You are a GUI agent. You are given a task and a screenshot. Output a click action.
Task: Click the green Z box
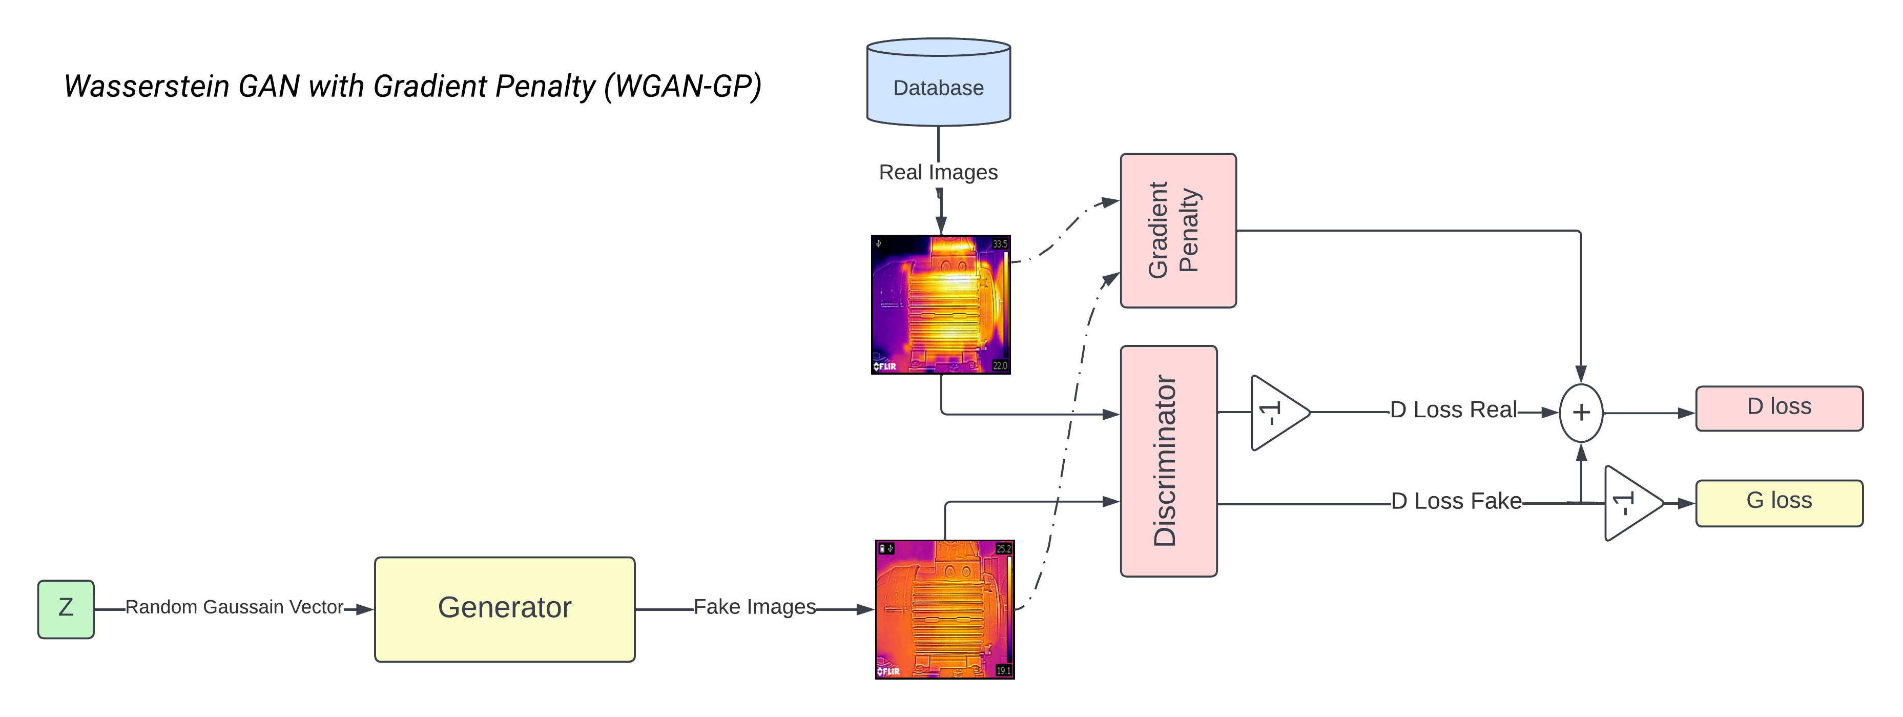click(x=66, y=609)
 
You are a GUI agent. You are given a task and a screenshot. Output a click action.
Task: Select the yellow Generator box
click(x=505, y=609)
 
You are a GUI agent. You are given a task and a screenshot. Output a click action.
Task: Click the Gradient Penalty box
click(x=1177, y=230)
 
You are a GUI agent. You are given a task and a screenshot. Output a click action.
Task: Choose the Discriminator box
click(x=1168, y=461)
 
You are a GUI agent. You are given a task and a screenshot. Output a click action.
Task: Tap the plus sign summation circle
click(x=1580, y=413)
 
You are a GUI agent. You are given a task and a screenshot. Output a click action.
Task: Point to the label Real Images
click(x=938, y=172)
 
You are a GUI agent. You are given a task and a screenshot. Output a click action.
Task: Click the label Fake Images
click(x=754, y=607)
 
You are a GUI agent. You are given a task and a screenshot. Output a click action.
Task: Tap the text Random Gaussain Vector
click(x=234, y=607)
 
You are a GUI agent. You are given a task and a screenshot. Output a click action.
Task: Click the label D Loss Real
click(x=1453, y=409)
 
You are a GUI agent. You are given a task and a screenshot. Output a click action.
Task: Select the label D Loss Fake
click(x=1456, y=501)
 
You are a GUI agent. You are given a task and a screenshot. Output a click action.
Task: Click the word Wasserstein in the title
click(x=146, y=87)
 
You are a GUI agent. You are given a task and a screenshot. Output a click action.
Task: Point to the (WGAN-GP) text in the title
click(x=682, y=87)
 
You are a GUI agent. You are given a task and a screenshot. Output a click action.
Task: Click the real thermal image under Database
click(x=940, y=304)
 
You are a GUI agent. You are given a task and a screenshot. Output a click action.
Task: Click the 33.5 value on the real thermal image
click(x=1000, y=243)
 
